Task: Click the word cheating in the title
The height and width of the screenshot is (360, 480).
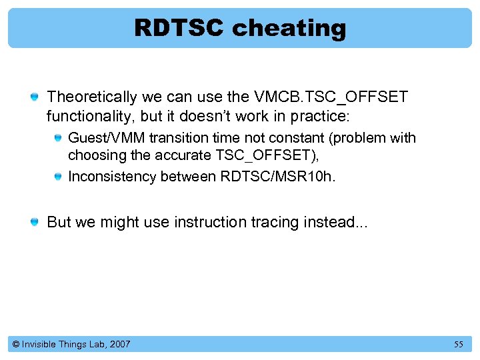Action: coord(289,28)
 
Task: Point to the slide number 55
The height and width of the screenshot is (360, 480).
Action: coord(458,344)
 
